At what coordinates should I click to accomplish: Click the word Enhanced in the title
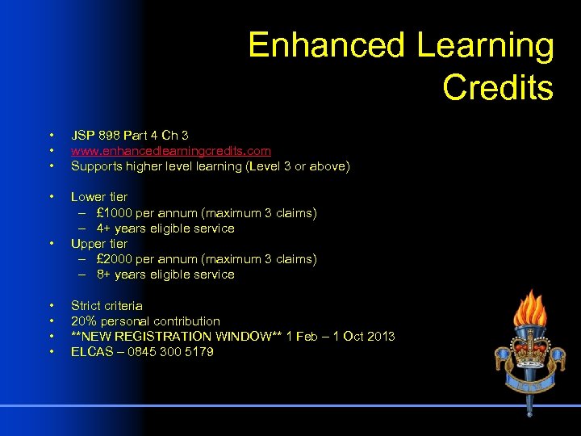[x=328, y=46]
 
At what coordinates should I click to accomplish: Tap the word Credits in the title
[x=497, y=88]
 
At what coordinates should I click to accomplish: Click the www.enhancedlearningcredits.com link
[x=170, y=151]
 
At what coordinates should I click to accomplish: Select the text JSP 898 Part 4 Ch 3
[x=129, y=136]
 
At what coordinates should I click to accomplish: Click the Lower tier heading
[x=98, y=197]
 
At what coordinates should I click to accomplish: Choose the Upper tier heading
[x=98, y=244]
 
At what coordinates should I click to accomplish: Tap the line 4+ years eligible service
[x=165, y=228]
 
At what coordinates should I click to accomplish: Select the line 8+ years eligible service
[x=165, y=275]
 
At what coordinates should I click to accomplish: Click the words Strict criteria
[x=107, y=306]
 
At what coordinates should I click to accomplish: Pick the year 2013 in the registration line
[x=381, y=337]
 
